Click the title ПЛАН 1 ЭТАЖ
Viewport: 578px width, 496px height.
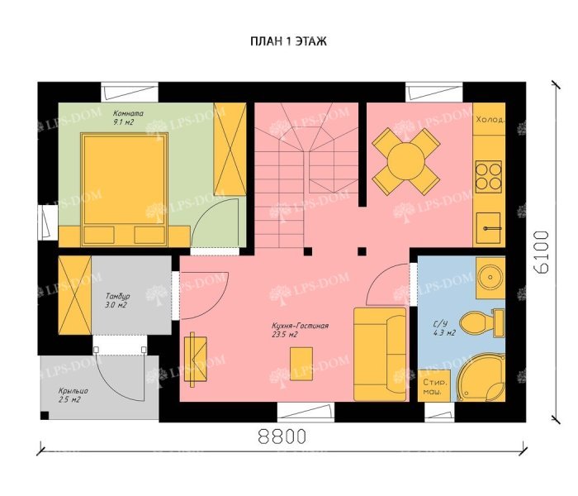pos(289,41)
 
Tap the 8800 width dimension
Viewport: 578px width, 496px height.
pos(282,436)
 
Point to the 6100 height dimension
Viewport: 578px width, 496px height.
pos(542,252)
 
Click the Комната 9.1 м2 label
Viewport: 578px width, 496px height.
pos(128,117)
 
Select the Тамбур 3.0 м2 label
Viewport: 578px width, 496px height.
pos(117,300)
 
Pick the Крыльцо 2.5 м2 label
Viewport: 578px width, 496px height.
pos(73,395)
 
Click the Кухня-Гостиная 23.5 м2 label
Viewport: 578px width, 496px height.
pos(300,331)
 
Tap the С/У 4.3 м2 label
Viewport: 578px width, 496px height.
pos(444,328)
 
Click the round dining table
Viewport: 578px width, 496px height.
pos(405,161)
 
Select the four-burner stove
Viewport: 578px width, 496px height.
pos(489,177)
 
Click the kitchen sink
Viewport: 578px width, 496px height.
pos(489,227)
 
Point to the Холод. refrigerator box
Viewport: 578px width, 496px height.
pos(489,119)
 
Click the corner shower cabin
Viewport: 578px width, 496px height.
pos(481,377)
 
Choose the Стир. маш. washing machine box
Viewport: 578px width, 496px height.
pos(433,386)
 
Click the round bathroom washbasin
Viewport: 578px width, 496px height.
pos(490,276)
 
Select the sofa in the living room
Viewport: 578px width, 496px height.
pos(380,355)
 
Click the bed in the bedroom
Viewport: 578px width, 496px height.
pos(124,189)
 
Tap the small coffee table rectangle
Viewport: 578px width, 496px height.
pos(301,364)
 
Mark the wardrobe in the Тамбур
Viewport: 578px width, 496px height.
pos(75,295)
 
